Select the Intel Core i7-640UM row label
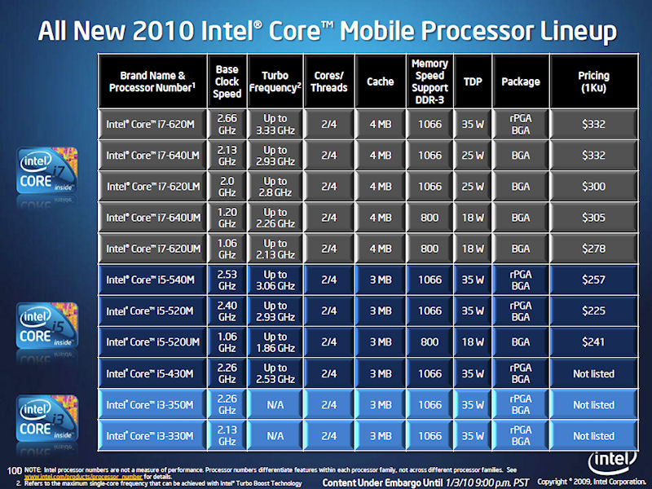(152, 218)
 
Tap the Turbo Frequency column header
(275, 81)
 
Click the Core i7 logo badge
(47, 170)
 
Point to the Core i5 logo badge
(47, 326)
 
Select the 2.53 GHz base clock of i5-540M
(227, 280)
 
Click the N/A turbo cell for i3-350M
(275, 404)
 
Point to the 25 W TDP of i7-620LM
(472, 187)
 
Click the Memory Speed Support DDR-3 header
(430, 81)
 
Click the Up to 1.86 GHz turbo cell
(275, 342)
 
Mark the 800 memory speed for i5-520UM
(430, 342)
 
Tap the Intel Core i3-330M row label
(152, 435)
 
